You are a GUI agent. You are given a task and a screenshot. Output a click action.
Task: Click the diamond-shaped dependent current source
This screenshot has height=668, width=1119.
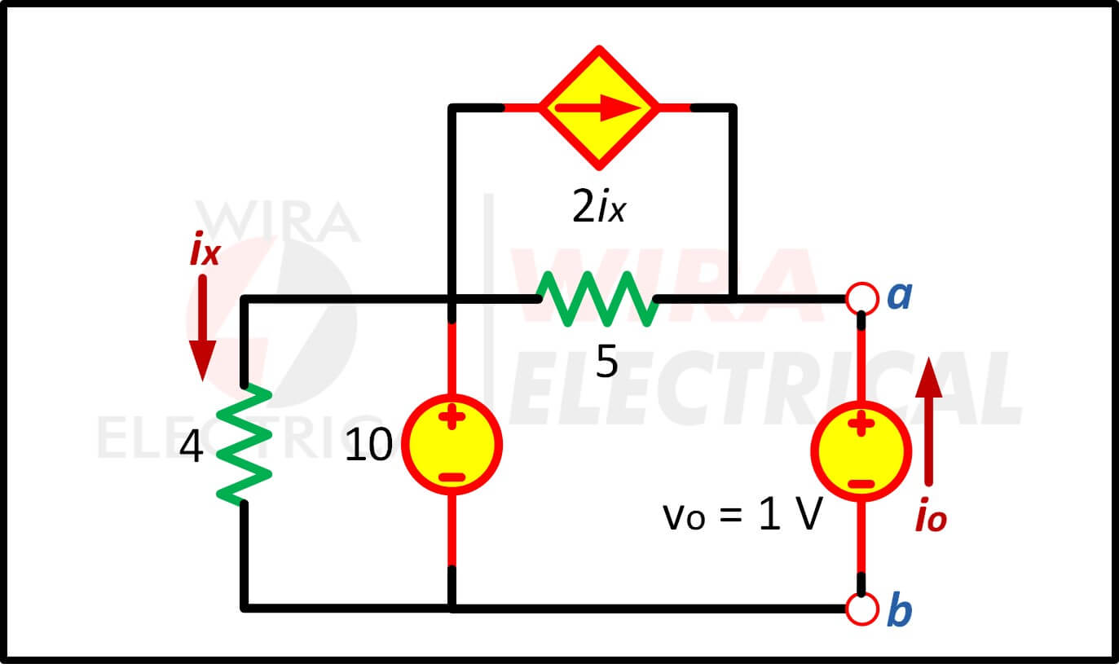coord(599,108)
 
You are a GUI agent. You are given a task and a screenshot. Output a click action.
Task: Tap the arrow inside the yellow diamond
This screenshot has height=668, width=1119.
coord(598,108)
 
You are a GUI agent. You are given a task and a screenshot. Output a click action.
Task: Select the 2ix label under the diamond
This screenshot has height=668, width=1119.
coord(598,206)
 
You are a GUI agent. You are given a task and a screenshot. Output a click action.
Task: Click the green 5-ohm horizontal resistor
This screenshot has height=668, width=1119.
coord(597,299)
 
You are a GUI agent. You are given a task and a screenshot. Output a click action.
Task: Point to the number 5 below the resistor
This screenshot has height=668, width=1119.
coord(607,361)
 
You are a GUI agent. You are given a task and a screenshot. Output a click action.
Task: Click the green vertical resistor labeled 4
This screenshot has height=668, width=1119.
coord(244,444)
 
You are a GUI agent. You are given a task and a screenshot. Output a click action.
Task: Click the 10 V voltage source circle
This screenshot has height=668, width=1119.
coord(452,444)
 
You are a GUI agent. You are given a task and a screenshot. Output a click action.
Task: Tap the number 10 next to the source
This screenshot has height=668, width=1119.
coord(368,444)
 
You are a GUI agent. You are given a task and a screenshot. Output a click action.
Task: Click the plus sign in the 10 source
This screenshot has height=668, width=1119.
coord(452,417)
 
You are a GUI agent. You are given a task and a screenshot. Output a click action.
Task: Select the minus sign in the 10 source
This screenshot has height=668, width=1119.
coord(452,478)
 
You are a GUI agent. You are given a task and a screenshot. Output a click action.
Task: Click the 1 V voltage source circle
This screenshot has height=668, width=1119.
coord(861,451)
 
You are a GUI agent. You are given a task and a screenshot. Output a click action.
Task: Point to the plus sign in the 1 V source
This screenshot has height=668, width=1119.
coord(861,424)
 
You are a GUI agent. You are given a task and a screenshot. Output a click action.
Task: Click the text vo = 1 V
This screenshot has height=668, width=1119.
coord(742,515)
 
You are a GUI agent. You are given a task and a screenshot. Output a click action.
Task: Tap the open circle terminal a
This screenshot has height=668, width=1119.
coord(862,298)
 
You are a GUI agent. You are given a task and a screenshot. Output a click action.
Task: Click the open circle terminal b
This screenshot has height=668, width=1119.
coord(862,609)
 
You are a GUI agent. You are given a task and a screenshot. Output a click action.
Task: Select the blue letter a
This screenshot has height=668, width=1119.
coord(900,296)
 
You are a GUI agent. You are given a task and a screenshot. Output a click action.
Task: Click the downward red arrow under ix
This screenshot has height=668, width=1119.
coord(202,327)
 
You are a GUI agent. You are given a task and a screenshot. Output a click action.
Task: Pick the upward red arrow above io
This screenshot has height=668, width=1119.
coord(928,422)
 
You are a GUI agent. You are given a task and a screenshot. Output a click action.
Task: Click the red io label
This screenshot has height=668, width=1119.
coord(932,514)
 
